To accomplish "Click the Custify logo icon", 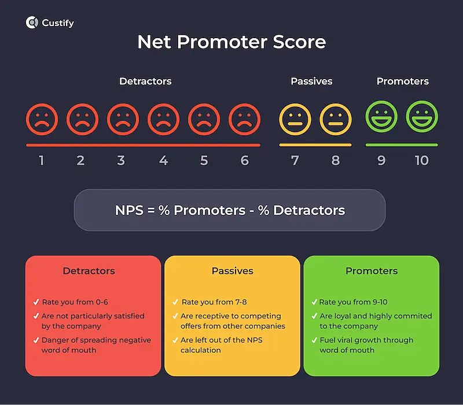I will point(32,23).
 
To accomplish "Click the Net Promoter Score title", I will point(231,42).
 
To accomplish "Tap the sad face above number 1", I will point(42,119).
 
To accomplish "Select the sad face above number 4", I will point(163,119).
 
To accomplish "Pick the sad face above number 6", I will point(244,119).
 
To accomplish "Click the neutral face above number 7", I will point(295,119).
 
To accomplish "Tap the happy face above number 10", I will point(422,117).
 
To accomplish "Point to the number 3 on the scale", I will point(121,160).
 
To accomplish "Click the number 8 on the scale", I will point(336,160).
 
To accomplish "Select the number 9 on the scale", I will point(381,160).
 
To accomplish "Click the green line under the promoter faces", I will point(402,144).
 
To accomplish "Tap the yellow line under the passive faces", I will point(315,144).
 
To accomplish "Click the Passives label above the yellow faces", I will point(311,81).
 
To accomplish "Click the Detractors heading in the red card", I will point(89,271).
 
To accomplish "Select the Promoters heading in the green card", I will point(372,271).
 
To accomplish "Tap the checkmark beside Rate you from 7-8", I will point(175,302).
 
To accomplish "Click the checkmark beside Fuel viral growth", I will point(314,340).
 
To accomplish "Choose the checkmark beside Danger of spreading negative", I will point(36,340).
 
